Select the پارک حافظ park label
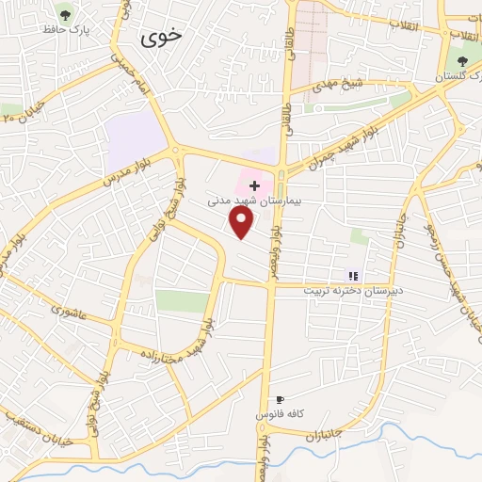65,32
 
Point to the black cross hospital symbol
254,185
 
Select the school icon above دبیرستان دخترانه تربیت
354,276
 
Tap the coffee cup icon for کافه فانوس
279,400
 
